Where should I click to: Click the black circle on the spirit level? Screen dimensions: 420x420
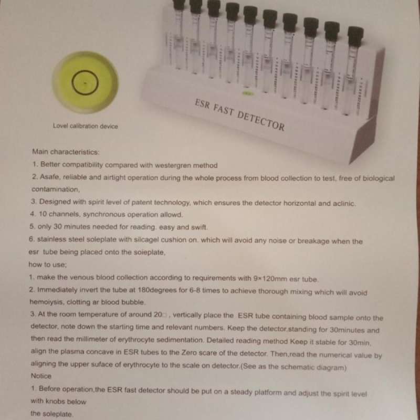click(72, 82)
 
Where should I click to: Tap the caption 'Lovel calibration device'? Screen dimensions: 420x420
click(85, 126)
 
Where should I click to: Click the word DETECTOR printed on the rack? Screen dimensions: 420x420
click(260, 121)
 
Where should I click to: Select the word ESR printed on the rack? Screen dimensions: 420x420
click(202, 104)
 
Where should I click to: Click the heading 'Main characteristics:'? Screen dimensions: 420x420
click(66, 152)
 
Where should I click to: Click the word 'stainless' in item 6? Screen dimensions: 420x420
click(51, 239)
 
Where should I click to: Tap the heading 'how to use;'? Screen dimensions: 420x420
click(48, 265)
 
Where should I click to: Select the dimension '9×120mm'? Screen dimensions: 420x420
click(270, 279)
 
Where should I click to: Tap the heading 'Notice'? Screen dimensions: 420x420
click(41, 376)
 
